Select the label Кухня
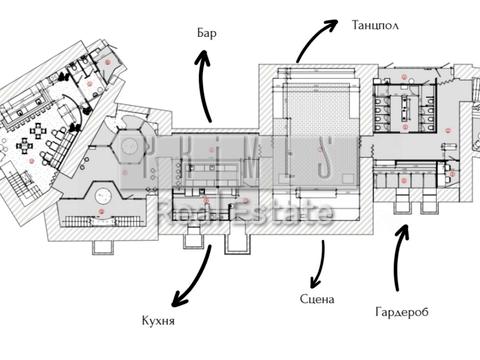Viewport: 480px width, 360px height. tap(159, 321)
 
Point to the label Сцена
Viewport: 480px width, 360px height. tap(316, 299)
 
